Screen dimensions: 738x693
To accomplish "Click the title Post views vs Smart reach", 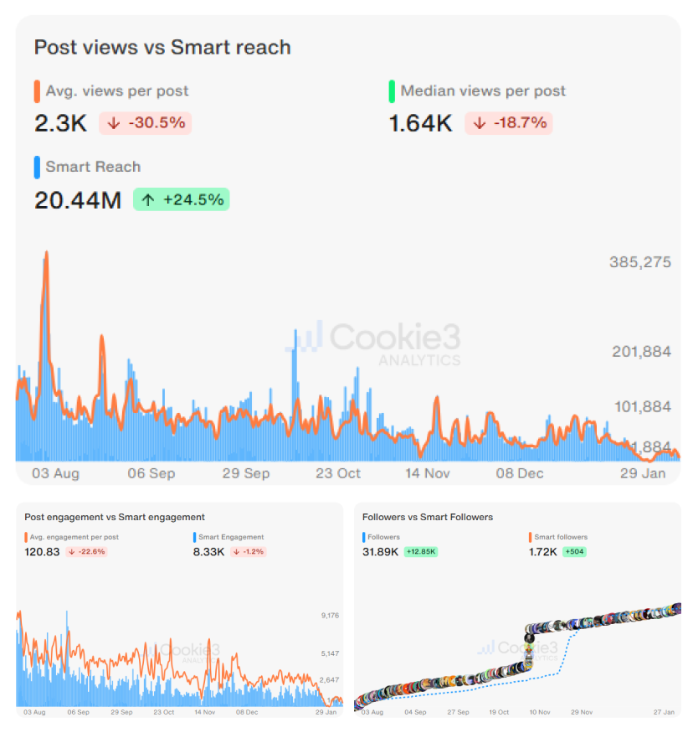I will point(162,47).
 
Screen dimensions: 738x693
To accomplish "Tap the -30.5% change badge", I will point(146,123).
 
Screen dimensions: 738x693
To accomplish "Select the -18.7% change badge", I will point(511,123).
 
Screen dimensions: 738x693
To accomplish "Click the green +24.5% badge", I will point(181,199).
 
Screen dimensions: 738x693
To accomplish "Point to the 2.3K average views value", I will point(60,124).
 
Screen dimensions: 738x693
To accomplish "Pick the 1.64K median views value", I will point(420,124).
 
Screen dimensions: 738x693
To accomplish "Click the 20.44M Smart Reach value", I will point(78,200).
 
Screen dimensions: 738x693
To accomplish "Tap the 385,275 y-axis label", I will point(639,262).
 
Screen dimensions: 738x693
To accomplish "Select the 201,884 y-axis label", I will point(641,351).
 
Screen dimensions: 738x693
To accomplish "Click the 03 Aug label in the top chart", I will point(56,473).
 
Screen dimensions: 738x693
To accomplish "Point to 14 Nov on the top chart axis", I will point(428,473).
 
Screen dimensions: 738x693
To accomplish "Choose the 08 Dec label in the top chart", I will point(519,473).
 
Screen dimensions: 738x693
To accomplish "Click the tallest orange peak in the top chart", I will point(46,253).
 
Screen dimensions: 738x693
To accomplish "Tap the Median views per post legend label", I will point(483,91).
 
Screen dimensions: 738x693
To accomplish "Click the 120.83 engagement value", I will point(42,552).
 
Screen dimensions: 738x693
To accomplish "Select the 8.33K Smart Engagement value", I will point(209,552).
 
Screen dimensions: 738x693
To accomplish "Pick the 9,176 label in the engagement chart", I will point(329,616).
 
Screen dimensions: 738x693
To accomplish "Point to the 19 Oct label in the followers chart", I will point(498,712).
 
